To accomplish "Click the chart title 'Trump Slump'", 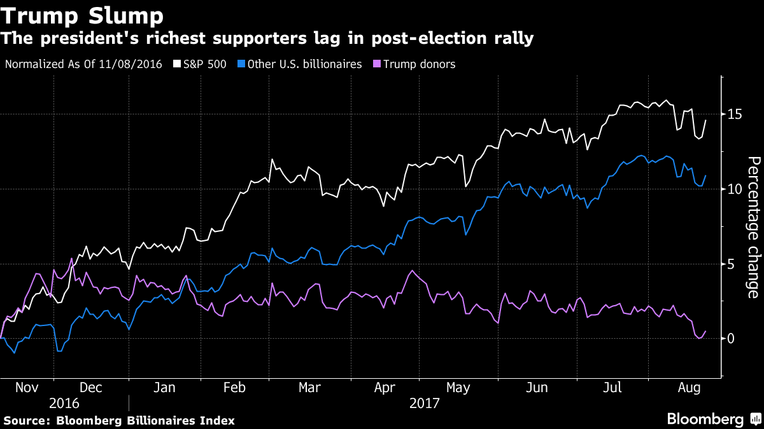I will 82,15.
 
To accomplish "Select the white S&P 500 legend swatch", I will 177,64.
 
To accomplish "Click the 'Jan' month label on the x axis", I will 164,388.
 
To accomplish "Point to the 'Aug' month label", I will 686,388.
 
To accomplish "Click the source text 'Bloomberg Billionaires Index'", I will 145,420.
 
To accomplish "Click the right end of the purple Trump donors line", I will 705,331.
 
